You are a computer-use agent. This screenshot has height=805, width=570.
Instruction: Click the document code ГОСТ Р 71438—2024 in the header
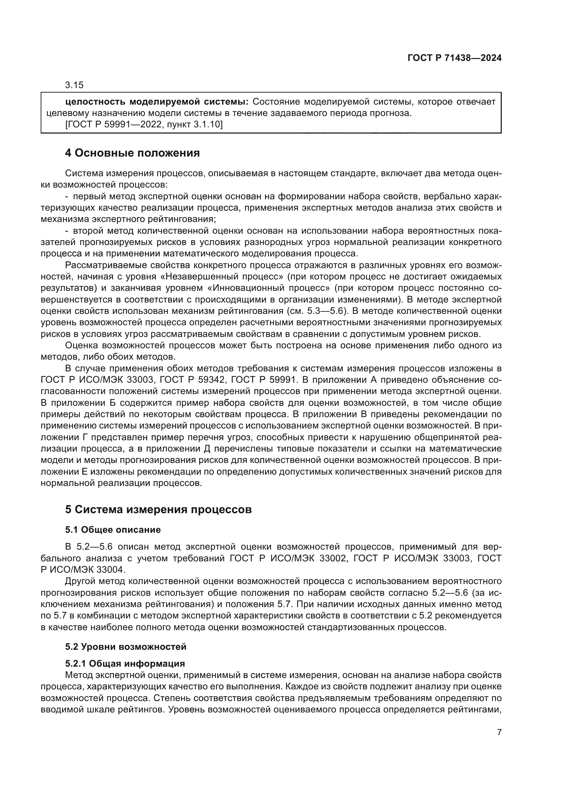(x=454, y=58)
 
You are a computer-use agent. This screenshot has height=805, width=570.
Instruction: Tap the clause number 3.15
(x=74, y=85)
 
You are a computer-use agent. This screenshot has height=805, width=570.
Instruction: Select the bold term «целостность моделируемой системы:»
(x=156, y=102)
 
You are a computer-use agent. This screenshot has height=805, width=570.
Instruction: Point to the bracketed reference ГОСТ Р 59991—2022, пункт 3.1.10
(x=144, y=125)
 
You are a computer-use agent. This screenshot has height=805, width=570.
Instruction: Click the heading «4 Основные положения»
(x=132, y=153)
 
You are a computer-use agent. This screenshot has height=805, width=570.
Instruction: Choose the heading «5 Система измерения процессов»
(x=158, y=509)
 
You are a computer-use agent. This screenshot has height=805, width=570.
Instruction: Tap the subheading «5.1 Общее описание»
(x=113, y=530)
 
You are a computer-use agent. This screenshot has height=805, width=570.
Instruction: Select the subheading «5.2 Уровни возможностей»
(x=126, y=647)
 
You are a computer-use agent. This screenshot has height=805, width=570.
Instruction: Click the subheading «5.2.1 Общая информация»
(x=125, y=664)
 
